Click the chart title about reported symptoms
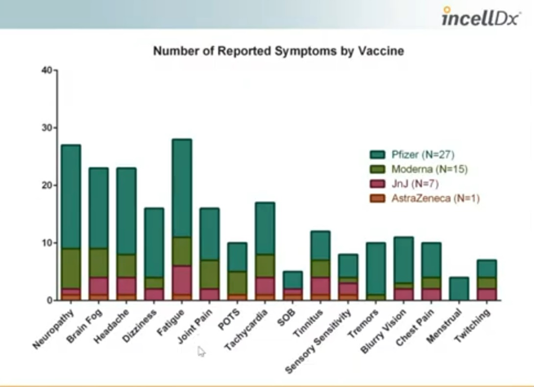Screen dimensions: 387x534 [x=278, y=51]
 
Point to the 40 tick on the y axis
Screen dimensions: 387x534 [x=47, y=70]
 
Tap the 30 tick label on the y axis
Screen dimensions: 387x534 [x=47, y=128]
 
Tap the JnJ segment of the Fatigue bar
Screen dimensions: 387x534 [x=182, y=280]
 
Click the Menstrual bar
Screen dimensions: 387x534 [x=459, y=288]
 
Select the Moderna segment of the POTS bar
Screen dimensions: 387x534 [x=237, y=283]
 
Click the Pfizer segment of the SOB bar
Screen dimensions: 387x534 [x=292, y=280]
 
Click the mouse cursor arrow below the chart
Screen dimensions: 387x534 [x=201, y=351]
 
